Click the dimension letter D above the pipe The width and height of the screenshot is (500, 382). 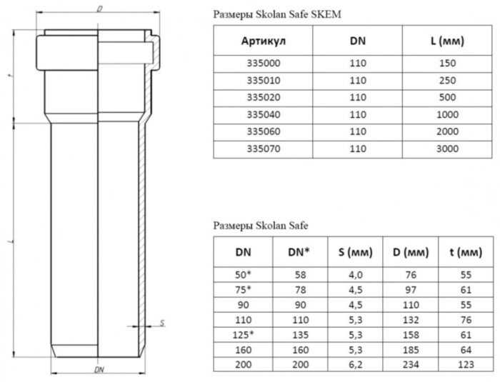click(x=99, y=9)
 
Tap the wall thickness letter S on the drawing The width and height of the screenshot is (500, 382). click(x=162, y=323)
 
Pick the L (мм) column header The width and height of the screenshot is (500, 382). click(x=447, y=41)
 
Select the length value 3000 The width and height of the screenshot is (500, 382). click(x=447, y=149)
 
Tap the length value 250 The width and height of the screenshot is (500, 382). click(x=447, y=81)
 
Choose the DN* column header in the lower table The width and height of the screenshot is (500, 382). click(x=299, y=252)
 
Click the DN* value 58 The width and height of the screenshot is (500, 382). click(x=299, y=273)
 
